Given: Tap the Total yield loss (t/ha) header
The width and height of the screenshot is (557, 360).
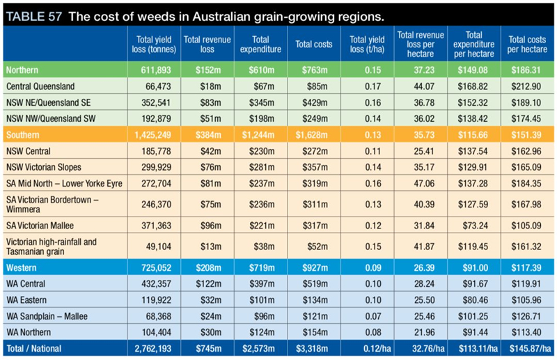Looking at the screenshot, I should click(366, 45).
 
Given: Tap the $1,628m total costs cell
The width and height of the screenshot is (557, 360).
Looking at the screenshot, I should click(314, 132).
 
